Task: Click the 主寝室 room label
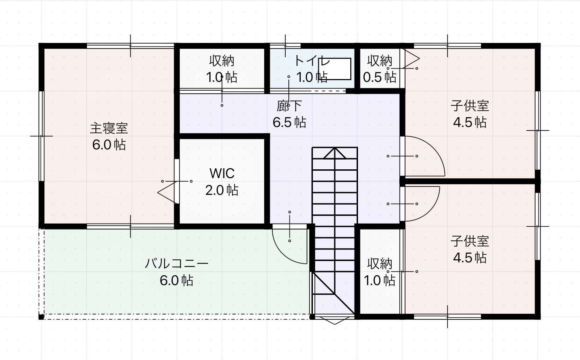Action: tap(109, 129)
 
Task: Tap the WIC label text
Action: tap(222, 174)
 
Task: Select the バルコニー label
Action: tap(177, 263)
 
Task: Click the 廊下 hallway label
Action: tap(289, 106)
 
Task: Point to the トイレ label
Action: tap(312, 61)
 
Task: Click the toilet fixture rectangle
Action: tap(335, 69)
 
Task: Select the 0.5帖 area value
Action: tap(380, 77)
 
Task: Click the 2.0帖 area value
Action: tap(222, 190)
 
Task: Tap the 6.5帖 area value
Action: tap(289, 122)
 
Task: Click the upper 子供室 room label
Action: tap(470, 106)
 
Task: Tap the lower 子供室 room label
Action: tap(470, 241)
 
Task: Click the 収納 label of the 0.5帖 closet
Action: tap(380, 61)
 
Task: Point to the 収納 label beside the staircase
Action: tap(380, 264)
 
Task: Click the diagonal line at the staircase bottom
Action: tap(333, 292)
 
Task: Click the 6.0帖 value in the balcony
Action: tap(177, 281)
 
